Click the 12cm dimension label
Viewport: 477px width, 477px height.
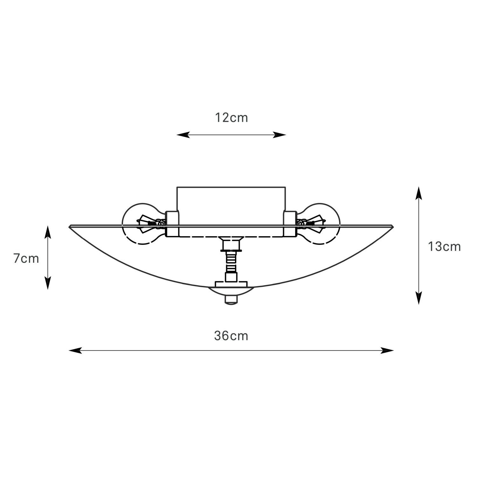[231, 118]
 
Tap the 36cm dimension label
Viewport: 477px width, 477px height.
[231, 336]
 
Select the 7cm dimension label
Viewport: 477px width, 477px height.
[26, 259]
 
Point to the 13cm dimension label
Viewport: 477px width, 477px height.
[444, 246]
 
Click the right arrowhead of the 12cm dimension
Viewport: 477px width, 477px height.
[280, 135]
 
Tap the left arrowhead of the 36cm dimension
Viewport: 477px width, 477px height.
[75, 350]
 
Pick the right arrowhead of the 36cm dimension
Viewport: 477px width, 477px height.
[387, 350]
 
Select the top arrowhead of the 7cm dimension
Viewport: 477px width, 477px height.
[48, 232]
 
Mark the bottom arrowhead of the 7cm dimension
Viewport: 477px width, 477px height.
[48, 283]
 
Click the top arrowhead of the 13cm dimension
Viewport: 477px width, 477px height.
[419, 193]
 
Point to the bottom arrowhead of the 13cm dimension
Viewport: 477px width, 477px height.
[419, 298]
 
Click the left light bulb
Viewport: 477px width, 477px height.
[144, 224]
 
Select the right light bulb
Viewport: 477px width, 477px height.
[318, 224]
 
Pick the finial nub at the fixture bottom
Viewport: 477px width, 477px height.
[231, 300]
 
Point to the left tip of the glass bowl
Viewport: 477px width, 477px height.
[69, 226]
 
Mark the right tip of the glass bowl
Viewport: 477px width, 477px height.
[393, 226]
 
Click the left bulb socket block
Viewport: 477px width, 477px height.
[172, 224]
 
